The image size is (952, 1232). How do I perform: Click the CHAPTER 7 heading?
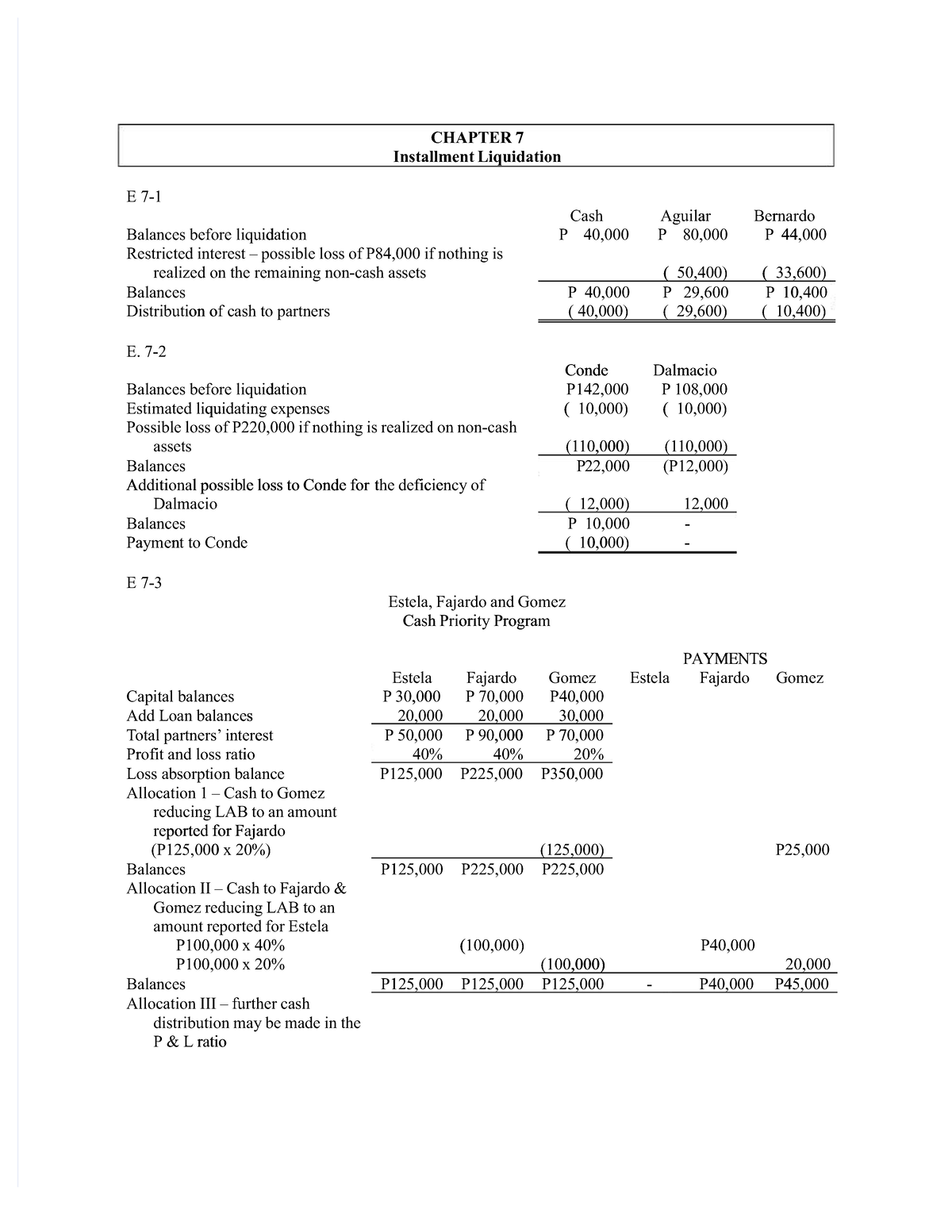(x=476, y=137)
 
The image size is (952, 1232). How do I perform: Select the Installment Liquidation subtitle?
(x=477, y=156)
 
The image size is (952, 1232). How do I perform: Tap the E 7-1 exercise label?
(x=144, y=196)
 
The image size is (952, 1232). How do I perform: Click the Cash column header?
(x=586, y=216)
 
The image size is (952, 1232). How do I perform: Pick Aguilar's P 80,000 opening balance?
(x=693, y=235)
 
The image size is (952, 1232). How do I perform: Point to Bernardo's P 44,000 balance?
(x=794, y=235)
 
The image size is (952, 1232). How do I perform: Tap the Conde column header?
(x=586, y=370)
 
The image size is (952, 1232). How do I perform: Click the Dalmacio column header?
(x=685, y=370)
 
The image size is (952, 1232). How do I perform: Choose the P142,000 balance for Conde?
(x=597, y=390)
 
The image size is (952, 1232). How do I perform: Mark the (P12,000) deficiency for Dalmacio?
(x=695, y=466)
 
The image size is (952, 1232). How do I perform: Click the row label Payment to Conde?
(x=187, y=543)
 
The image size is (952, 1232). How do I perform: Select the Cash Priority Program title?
(x=476, y=621)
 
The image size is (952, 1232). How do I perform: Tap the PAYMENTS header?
(x=725, y=658)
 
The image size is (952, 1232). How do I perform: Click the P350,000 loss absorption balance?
(x=571, y=773)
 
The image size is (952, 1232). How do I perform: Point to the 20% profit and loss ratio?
(x=587, y=754)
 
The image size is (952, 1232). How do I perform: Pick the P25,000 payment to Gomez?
(x=802, y=850)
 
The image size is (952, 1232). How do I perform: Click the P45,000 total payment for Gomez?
(x=800, y=984)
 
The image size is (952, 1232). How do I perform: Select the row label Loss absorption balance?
(x=205, y=773)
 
